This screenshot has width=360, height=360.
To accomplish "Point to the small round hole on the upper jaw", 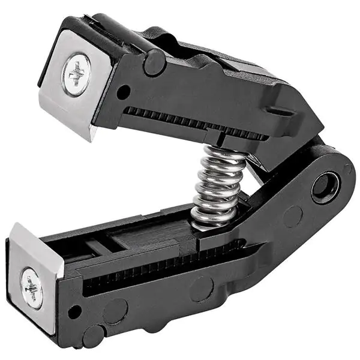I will [x=123, y=92].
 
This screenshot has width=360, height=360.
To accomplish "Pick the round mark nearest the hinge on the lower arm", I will [x=292, y=217].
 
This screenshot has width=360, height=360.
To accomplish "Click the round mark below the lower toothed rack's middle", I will [x=202, y=289].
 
